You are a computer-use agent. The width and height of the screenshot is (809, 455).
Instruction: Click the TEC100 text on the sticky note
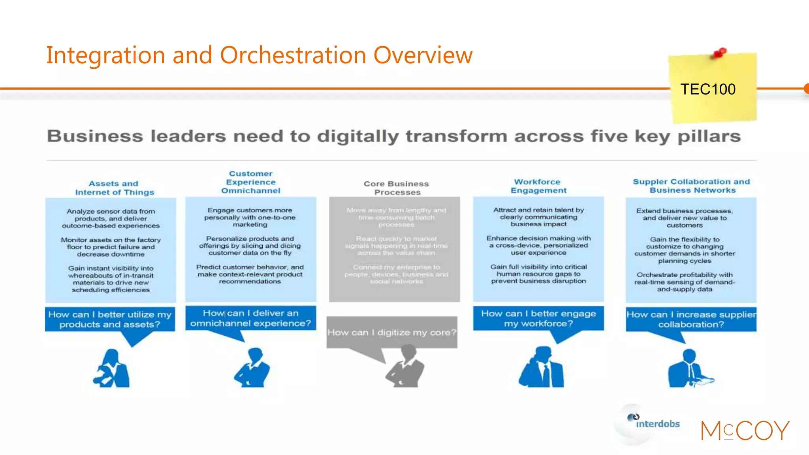(707, 89)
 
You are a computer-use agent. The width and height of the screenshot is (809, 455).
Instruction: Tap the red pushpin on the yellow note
(719, 53)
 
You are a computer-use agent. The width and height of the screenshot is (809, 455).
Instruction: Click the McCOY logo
(745, 431)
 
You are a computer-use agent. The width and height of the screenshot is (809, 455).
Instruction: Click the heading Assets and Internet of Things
(114, 188)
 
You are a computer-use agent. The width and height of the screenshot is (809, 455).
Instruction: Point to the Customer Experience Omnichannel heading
(251, 182)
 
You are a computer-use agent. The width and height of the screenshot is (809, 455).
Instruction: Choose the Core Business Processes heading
(397, 188)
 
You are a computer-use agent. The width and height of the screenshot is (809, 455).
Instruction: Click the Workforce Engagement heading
(538, 186)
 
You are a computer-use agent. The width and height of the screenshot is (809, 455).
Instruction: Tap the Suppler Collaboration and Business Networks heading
(691, 186)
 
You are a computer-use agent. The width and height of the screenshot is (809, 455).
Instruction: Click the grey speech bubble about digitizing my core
(391, 332)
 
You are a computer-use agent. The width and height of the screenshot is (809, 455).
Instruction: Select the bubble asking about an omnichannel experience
(250, 318)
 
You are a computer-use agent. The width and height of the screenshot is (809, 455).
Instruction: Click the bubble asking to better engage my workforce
(538, 318)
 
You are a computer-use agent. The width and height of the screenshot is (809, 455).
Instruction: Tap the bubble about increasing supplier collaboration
(691, 319)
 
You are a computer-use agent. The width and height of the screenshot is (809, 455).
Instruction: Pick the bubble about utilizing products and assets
(110, 319)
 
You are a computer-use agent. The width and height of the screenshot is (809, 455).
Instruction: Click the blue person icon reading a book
(689, 369)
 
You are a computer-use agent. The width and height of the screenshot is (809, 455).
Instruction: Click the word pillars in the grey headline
(709, 136)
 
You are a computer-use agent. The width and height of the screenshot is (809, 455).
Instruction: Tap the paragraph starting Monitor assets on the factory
(111, 247)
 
